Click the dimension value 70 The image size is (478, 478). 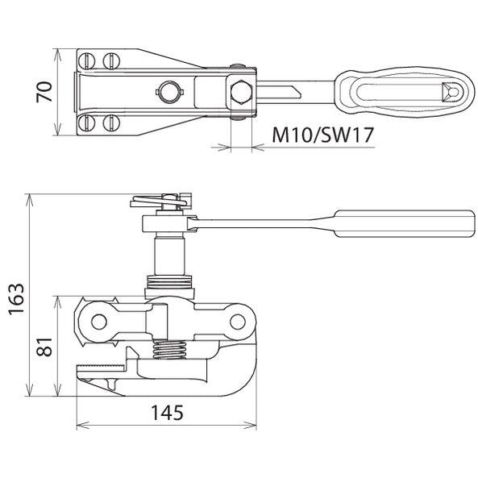(x=44, y=92)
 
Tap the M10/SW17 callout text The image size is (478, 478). (x=322, y=135)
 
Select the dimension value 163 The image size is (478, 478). (x=16, y=299)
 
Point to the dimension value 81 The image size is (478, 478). (x=44, y=347)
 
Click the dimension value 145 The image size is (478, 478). (x=167, y=413)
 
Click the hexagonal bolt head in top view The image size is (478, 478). (x=242, y=93)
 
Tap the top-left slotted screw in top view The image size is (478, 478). (x=87, y=60)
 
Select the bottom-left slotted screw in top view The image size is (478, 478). (x=87, y=123)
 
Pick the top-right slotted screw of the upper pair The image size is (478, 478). (x=111, y=60)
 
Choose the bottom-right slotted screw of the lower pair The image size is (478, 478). (x=111, y=123)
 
